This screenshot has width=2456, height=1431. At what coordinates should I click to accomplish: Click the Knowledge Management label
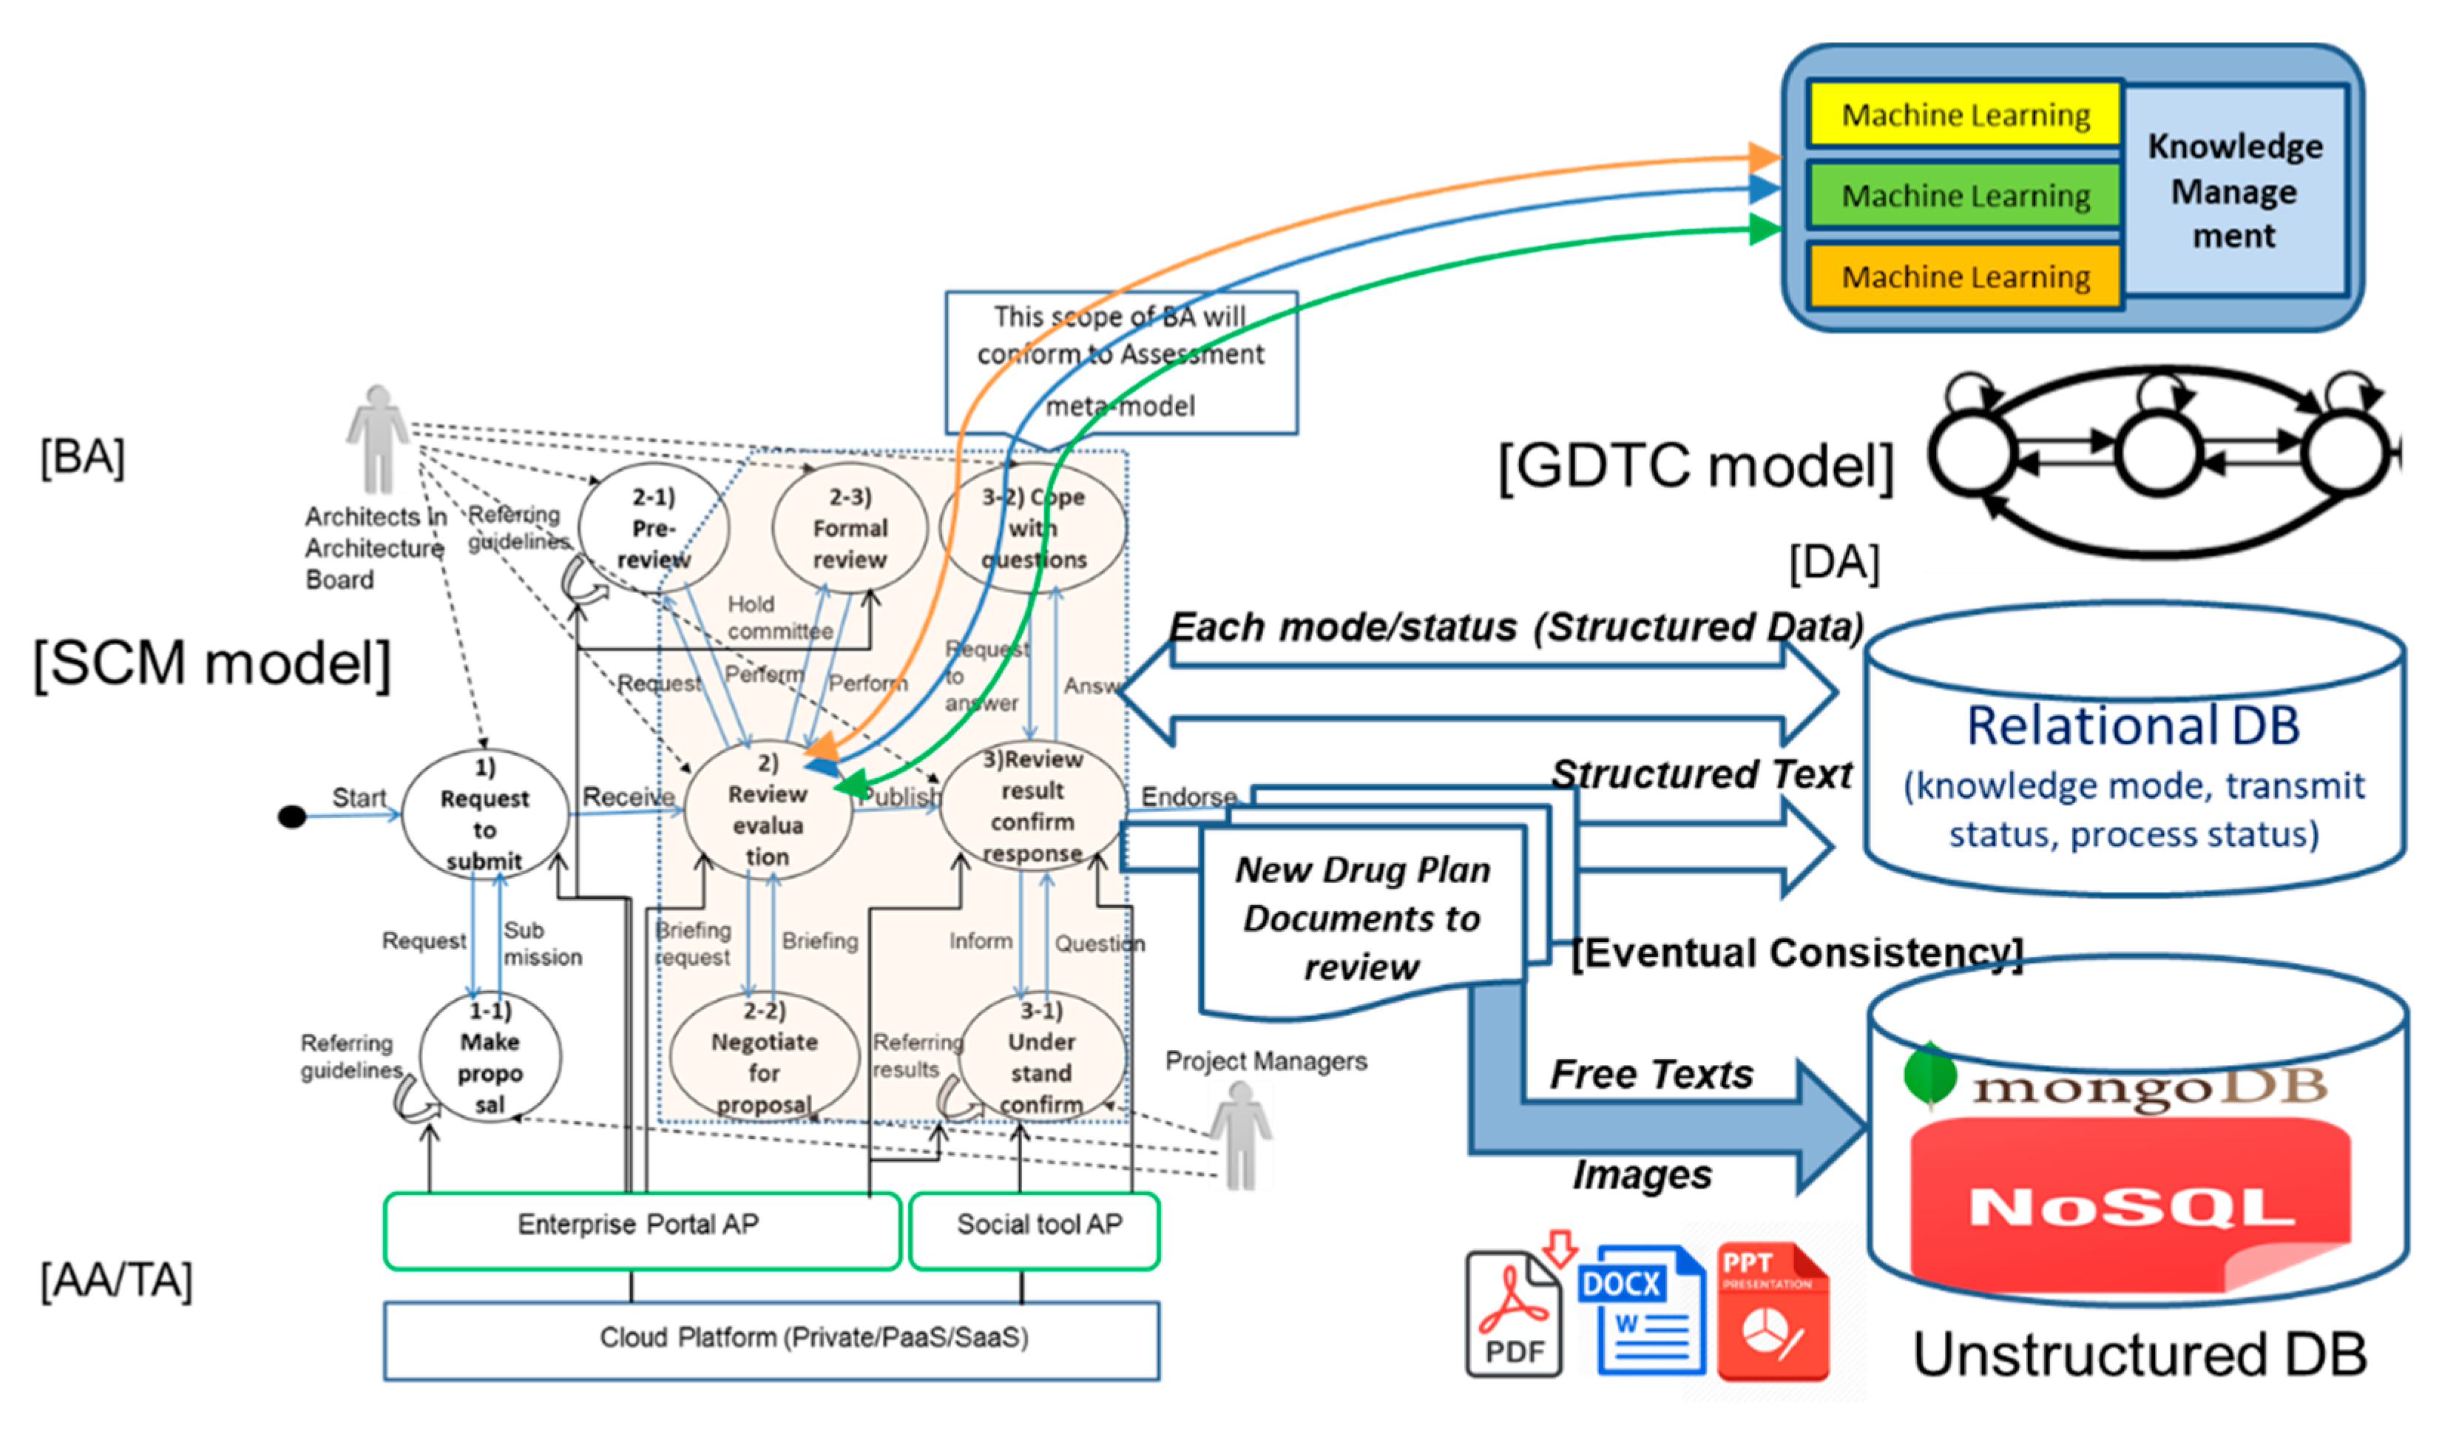pos(2234,191)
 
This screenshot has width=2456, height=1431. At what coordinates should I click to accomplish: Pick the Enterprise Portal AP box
pos(640,1230)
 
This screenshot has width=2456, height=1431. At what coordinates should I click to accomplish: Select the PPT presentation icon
pos(1772,1312)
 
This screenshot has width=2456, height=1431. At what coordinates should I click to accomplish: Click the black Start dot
pos(291,816)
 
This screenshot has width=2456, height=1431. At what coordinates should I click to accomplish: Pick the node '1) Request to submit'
pos(484,814)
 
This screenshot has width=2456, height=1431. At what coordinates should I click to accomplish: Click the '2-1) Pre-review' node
pos(653,528)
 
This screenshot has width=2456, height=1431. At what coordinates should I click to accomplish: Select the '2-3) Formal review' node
pos(849,528)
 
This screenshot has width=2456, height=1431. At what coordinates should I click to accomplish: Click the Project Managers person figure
pos(1241,1134)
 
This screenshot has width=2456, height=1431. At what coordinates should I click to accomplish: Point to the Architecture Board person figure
pos(377,439)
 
